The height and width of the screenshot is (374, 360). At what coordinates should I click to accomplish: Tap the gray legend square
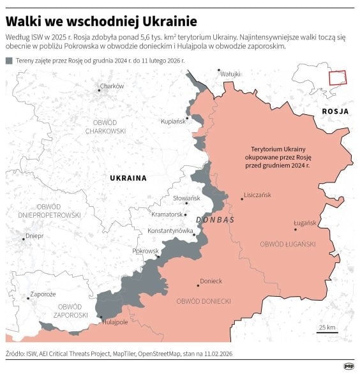click(9, 61)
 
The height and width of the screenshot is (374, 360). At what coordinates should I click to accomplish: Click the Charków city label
click(112, 86)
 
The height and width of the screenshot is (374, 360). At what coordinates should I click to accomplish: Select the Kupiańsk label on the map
click(174, 121)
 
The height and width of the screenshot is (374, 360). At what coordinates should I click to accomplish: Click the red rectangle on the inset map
click(337, 77)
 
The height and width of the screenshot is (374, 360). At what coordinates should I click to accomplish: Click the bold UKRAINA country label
click(128, 178)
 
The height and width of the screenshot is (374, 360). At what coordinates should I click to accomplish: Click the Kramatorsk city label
click(167, 214)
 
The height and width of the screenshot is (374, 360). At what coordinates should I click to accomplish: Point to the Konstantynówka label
click(170, 230)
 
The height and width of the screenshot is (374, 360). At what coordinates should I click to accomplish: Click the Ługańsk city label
click(304, 223)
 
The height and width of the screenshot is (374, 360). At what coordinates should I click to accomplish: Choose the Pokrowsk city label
click(145, 251)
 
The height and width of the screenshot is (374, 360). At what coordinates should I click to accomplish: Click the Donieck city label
click(211, 281)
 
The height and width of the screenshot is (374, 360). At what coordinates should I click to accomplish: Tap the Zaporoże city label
click(41, 295)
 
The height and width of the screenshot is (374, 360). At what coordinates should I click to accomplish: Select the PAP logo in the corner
click(349, 366)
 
